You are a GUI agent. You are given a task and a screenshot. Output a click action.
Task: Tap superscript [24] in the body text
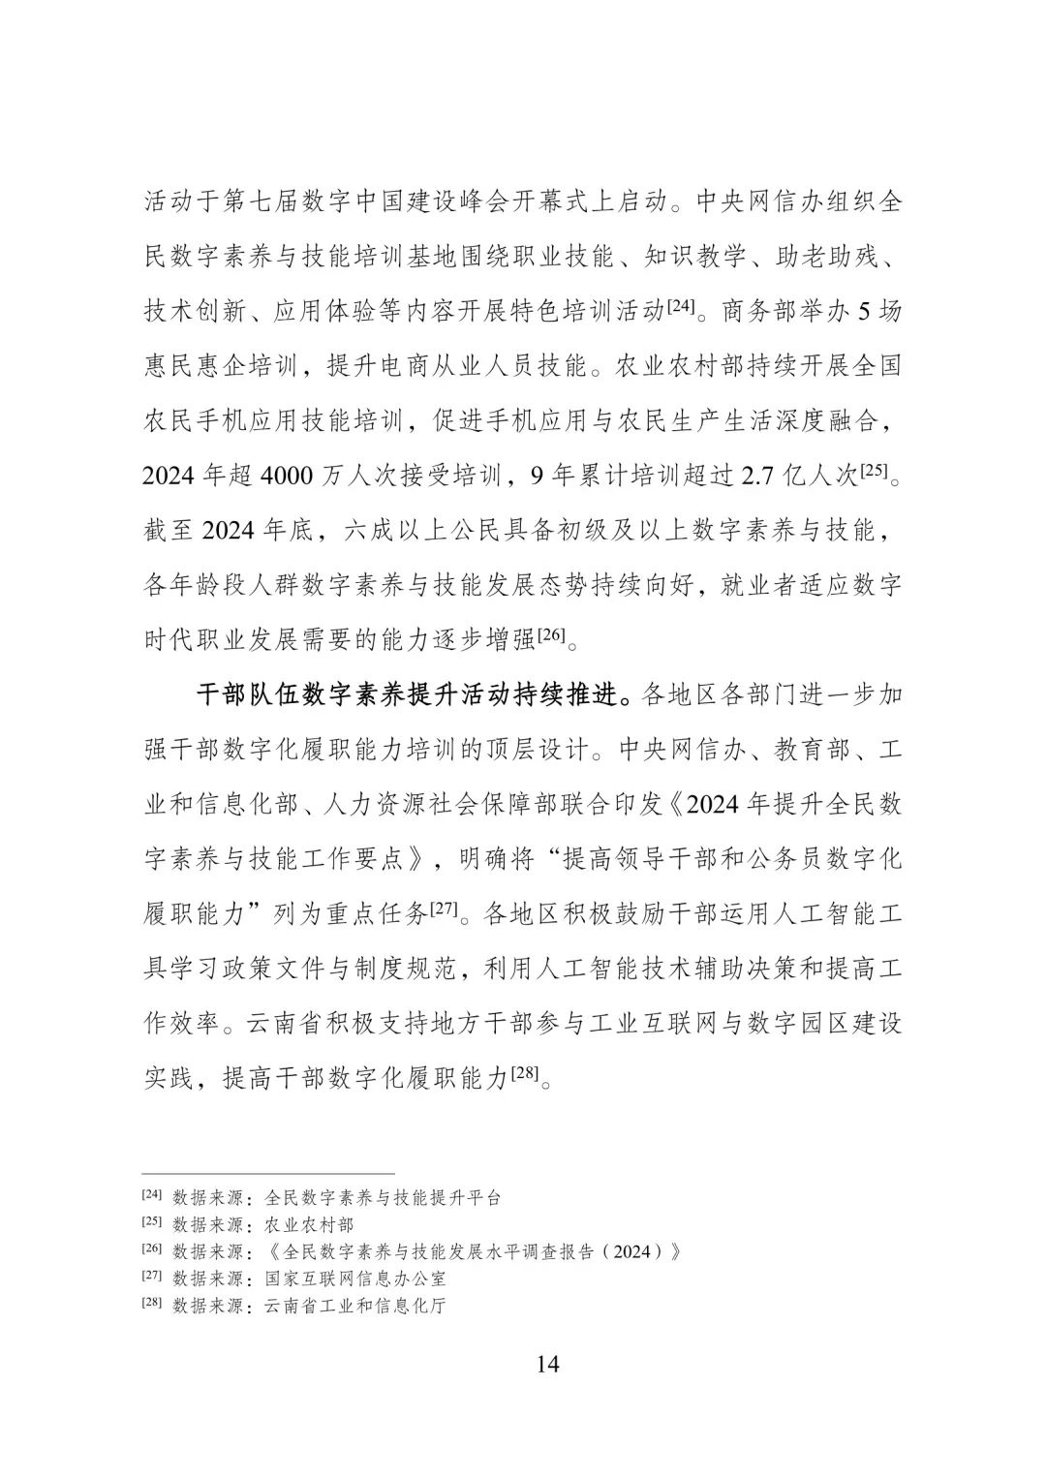click(x=680, y=307)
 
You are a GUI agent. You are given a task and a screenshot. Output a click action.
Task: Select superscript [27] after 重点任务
click(x=443, y=909)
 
